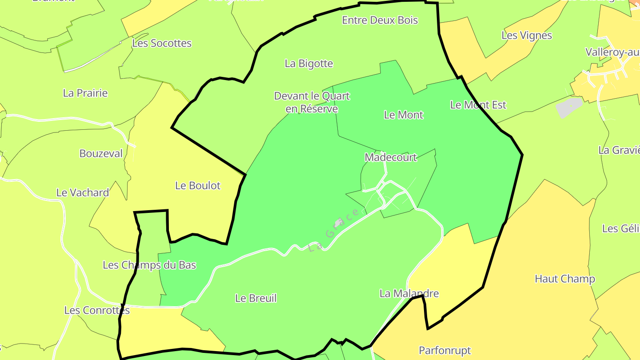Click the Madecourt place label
[x=391, y=157]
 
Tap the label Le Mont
[x=404, y=115]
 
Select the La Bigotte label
[x=309, y=64]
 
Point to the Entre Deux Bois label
[x=380, y=20]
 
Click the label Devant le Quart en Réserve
[x=312, y=102]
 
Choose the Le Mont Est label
[x=478, y=105]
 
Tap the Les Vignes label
[x=527, y=35]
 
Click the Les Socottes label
[x=162, y=43]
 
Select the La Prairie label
[x=85, y=93]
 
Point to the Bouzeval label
[x=101, y=153]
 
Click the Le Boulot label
[x=198, y=185]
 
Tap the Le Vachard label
[x=83, y=192]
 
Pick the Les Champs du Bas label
[x=149, y=265]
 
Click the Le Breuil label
[x=256, y=298]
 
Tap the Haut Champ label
[x=565, y=279]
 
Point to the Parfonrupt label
[x=445, y=350]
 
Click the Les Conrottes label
[x=97, y=310]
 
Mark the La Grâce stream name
[x=334, y=230]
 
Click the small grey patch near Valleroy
[x=569, y=108]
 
